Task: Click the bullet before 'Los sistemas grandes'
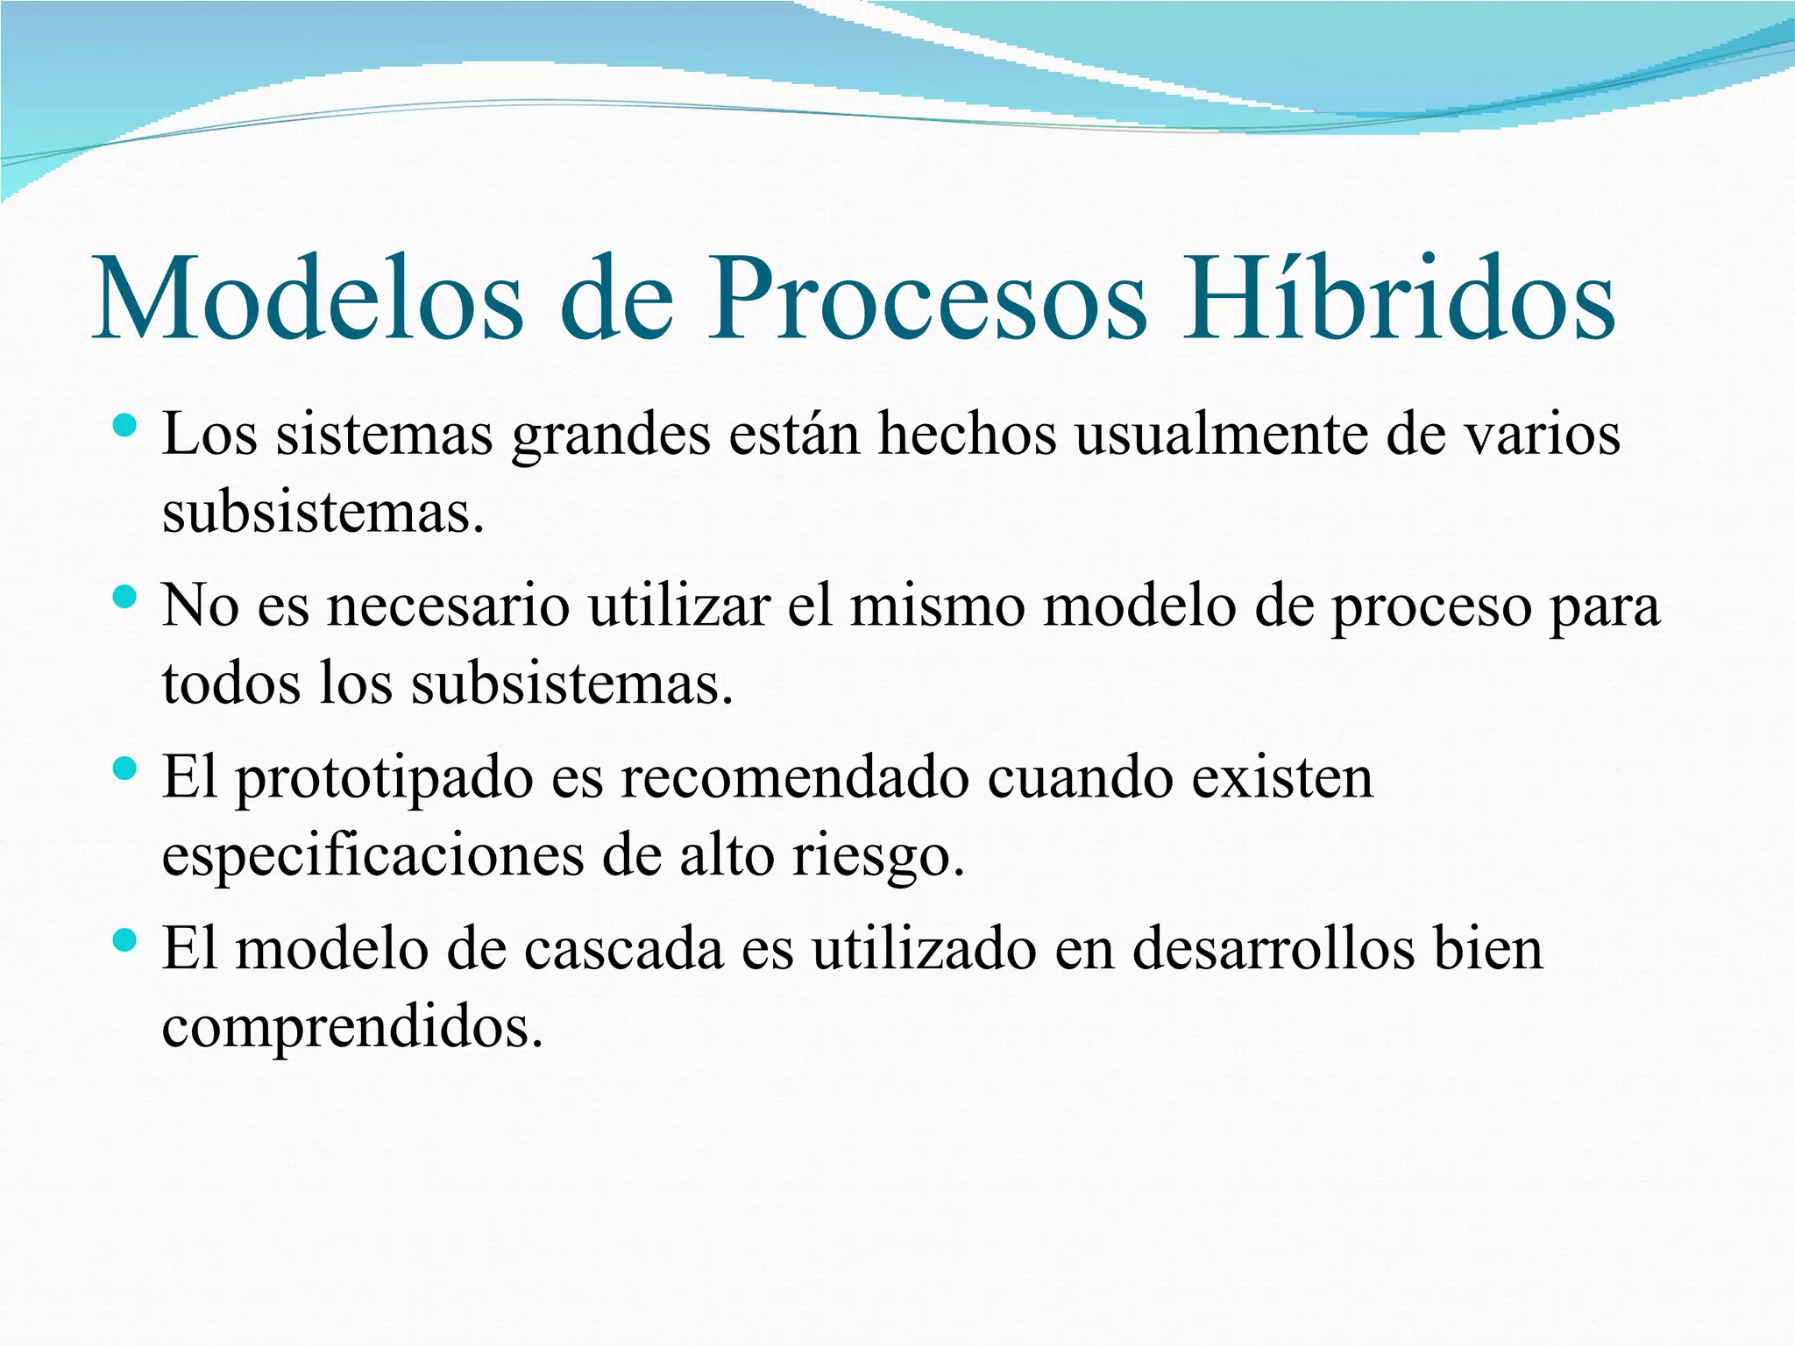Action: (125, 427)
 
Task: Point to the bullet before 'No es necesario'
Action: (125, 599)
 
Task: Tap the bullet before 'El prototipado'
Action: (125, 770)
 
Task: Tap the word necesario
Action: (448, 606)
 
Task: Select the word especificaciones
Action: (372, 857)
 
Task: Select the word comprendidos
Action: (351, 1027)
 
